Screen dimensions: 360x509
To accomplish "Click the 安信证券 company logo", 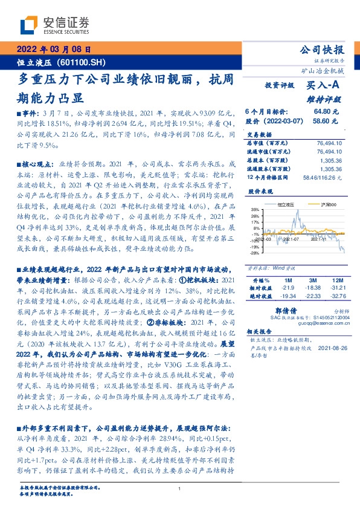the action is pos(55,25).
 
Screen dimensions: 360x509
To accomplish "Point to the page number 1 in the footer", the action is pos(179,490).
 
